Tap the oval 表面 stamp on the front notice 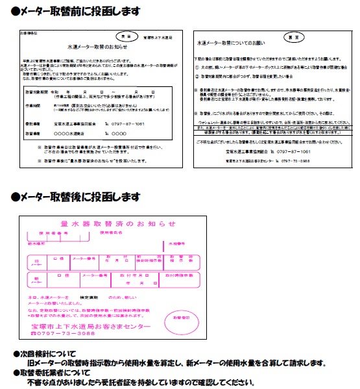point(127,37)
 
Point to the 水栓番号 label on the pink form point(167,244)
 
